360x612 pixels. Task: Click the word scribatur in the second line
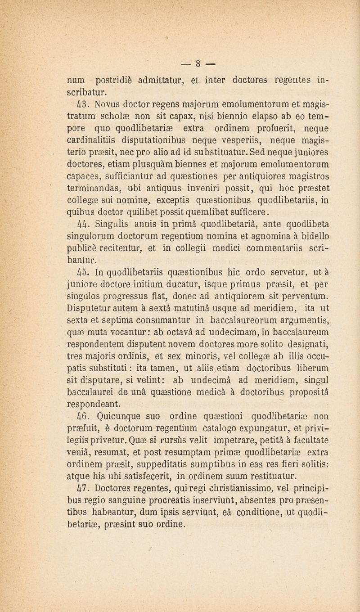(x=87, y=93)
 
